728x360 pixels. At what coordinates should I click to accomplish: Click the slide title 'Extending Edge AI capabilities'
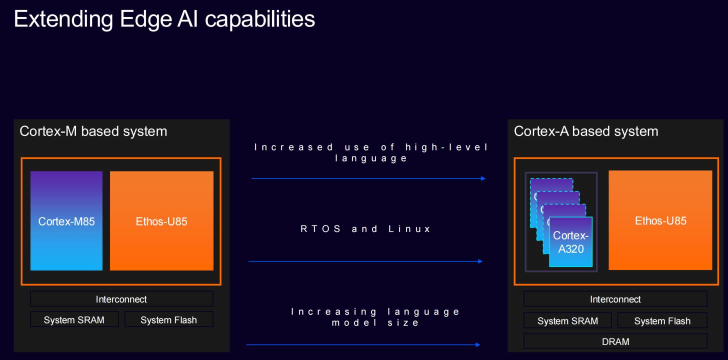pos(164,19)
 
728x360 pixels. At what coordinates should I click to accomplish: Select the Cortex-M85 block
pos(66,221)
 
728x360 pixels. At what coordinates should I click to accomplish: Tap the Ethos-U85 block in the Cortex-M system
pos(161,221)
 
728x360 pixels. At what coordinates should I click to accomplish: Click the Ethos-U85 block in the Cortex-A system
pos(660,220)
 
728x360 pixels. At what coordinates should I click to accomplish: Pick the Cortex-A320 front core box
pos(570,242)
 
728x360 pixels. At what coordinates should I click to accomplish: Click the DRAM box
pos(615,341)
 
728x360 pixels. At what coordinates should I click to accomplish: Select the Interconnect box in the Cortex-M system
pos(121,299)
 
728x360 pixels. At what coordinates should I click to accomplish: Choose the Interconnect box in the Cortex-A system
pos(615,299)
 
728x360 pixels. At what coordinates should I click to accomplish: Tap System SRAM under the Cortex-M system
pos(74,320)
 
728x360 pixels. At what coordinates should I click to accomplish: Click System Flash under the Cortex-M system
pos(168,320)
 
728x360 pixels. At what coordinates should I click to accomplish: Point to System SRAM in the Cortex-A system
pos(567,321)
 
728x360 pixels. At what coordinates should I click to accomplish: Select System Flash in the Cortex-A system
pos(662,321)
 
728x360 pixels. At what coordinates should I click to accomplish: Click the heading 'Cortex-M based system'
pos(93,131)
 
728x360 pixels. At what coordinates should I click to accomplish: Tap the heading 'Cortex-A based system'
pos(586,131)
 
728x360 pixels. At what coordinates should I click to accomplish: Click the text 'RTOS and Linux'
pos(365,229)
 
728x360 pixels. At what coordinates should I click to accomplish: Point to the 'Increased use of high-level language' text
pos(371,152)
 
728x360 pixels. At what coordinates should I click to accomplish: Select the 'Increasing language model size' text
pos(375,317)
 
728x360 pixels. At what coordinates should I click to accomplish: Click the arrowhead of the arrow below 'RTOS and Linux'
pos(480,261)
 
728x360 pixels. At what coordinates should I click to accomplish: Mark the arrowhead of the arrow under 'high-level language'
pos(483,178)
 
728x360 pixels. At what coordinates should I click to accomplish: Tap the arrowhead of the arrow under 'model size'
pos(478,344)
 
